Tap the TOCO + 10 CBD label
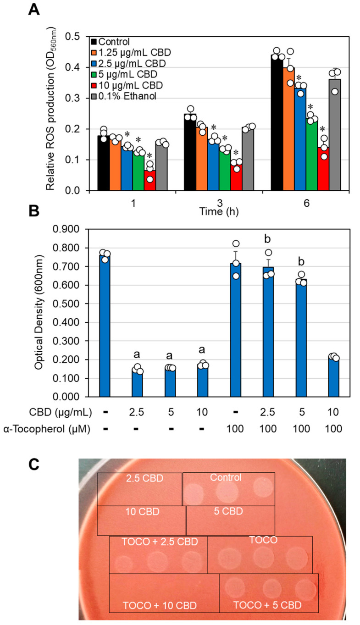[x=160, y=606]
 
